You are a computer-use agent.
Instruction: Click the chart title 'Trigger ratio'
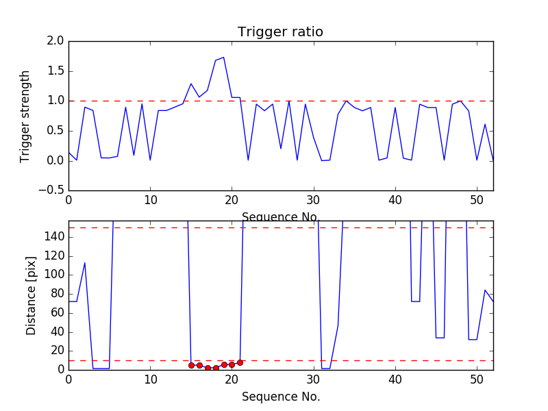point(280,32)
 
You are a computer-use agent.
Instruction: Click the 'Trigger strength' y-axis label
point(25,116)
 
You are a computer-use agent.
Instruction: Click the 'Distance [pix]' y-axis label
point(32,295)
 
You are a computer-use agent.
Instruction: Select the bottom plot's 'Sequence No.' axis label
point(280,397)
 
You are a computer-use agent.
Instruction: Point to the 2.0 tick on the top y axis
point(55,41)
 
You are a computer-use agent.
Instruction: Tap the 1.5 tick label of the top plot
point(55,71)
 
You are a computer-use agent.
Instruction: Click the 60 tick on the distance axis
point(56,313)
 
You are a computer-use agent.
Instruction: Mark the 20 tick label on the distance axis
point(56,351)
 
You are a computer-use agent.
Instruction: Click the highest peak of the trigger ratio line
point(223,58)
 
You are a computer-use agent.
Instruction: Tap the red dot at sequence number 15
point(191,365)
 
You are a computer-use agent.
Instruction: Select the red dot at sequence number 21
point(240,362)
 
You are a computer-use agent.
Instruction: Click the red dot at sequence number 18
point(216,368)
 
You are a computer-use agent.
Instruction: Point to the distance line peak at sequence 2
point(85,263)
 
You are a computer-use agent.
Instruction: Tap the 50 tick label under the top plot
point(477,201)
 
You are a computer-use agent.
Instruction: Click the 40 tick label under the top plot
point(395,201)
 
